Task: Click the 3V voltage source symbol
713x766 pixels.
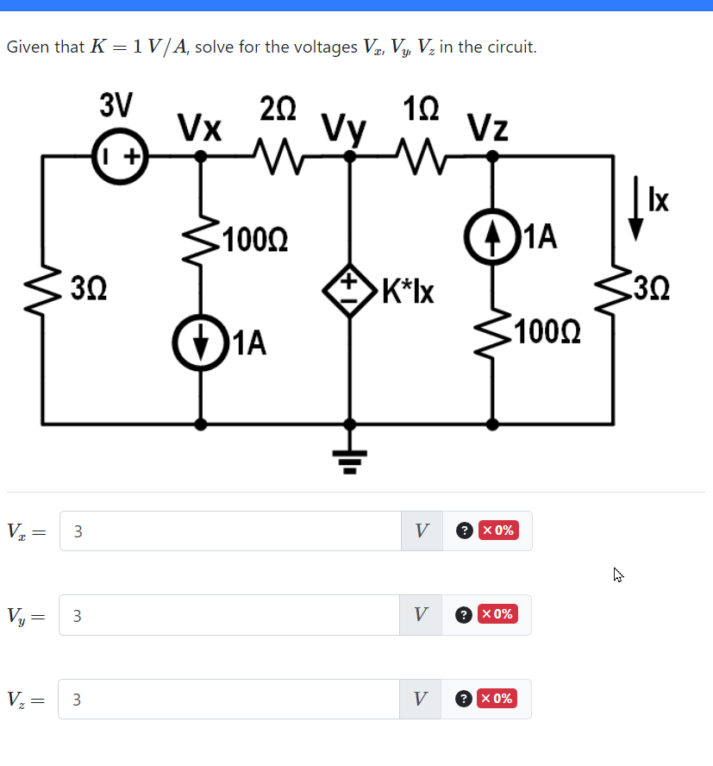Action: pos(120,156)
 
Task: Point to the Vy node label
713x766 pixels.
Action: pos(344,129)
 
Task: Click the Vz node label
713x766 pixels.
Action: pos(488,129)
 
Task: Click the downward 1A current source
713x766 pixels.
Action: pos(201,342)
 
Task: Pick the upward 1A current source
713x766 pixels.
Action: pos(492,235)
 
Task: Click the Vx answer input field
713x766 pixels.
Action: pos(229,531)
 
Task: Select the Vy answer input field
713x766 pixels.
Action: pos(229,615)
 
